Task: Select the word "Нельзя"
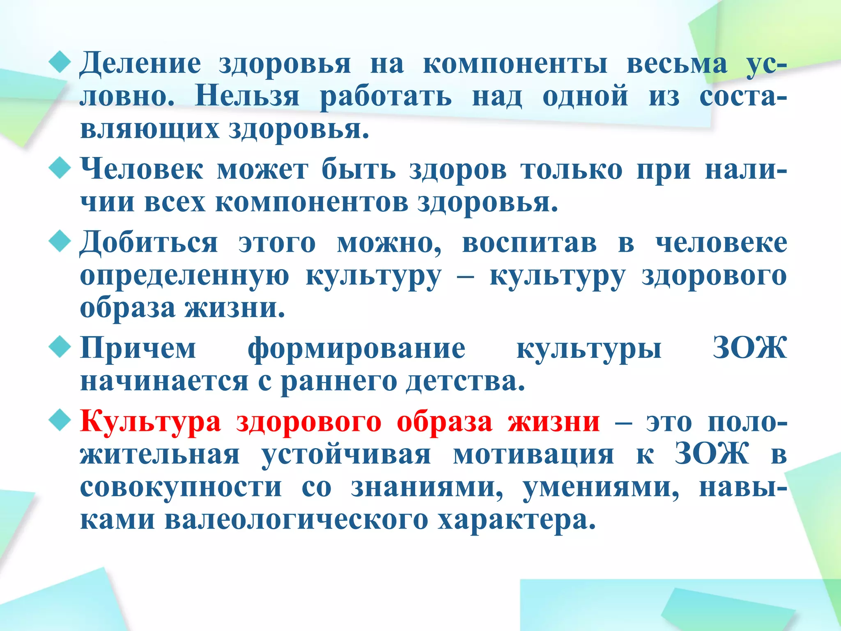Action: coord(247,97)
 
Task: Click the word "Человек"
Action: coord(142,169)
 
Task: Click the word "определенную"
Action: coord(184,276)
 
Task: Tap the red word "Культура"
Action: coord(150,422)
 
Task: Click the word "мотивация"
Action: coord(533,455)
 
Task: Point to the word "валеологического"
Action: coord(296,520)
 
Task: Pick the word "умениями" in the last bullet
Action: coord(601,488)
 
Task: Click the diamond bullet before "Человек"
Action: coord(60,168)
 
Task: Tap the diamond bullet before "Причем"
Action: coord(60,348)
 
